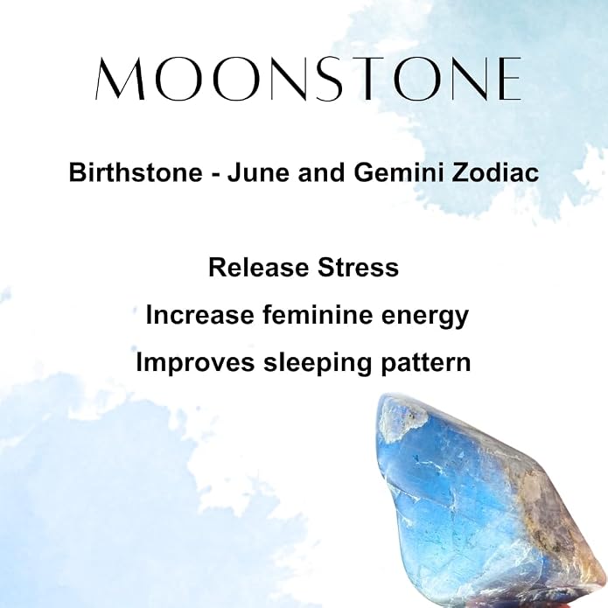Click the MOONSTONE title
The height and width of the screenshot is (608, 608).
308,79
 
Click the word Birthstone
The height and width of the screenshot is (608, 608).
136,172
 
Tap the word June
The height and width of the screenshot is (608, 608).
258,172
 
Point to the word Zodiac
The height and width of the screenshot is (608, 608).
495,172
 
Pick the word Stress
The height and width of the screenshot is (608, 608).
358,268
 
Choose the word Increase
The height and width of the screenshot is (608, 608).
199,315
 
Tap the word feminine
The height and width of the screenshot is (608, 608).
318,315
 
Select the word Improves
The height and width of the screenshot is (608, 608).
195,362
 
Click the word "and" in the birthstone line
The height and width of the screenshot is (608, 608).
321,172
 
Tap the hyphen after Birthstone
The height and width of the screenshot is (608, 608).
214,174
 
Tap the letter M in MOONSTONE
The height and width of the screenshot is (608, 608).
121,79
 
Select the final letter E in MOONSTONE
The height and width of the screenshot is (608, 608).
508,79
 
